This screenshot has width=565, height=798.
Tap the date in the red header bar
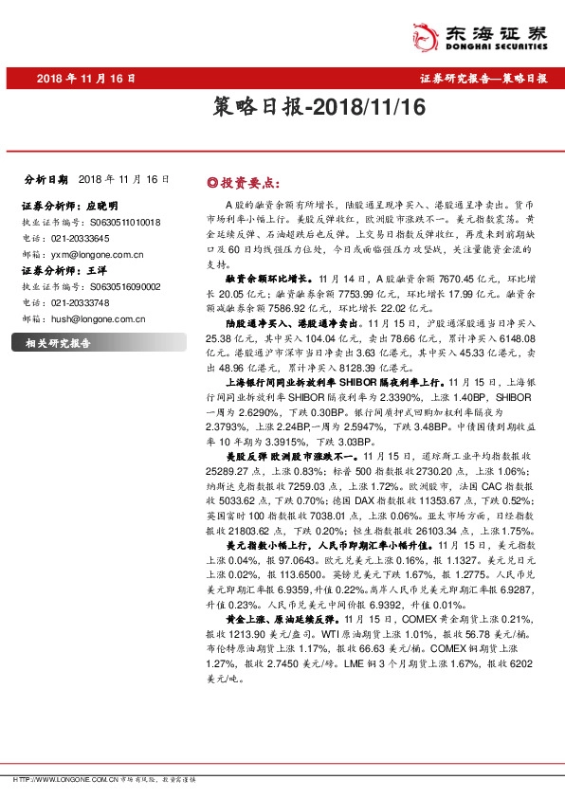click(86, 79)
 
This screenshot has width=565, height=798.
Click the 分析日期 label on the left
click(46, 179)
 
